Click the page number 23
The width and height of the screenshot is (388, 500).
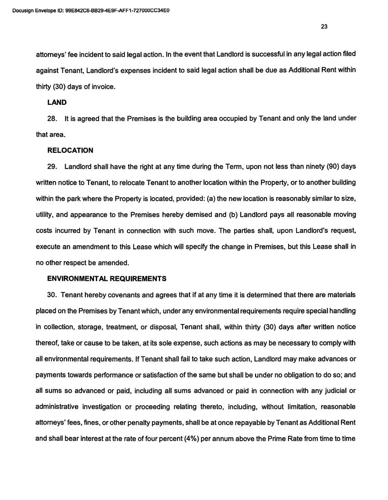[324, 26]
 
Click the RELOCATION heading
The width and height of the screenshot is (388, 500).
[70, 150]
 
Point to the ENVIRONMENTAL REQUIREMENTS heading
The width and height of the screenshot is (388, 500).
[107, 278]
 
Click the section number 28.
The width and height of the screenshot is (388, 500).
[52, 119]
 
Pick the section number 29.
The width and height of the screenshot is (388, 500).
[52, 166]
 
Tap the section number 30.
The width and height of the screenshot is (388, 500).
[52, 295]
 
